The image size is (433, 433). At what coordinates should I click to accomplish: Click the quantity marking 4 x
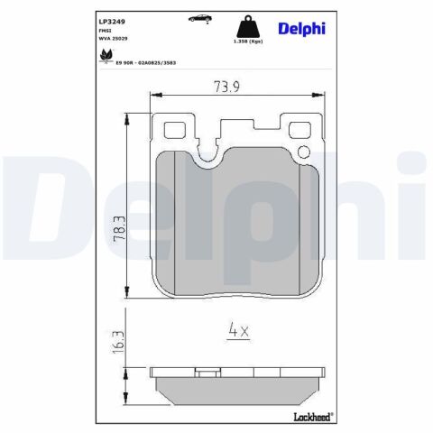[238, 330]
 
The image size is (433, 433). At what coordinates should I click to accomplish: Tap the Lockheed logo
[311, 415]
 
